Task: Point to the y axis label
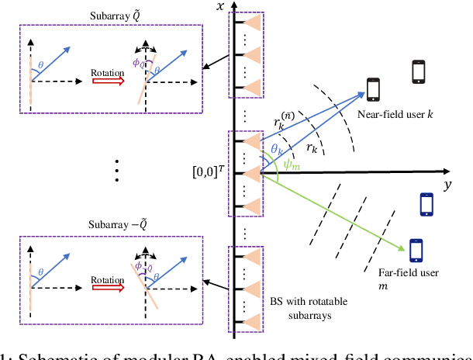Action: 447,187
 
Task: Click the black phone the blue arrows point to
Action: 373,89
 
